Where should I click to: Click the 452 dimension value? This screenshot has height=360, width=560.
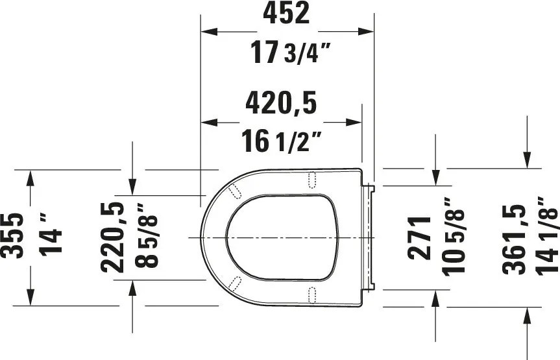pos(286,13)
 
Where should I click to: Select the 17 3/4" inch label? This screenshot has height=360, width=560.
pos(289,53)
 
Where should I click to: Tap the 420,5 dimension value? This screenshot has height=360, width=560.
pos(281,104)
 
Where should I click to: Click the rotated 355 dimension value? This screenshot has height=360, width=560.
pos(12,235)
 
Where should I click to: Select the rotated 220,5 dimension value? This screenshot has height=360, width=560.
pos(112,237)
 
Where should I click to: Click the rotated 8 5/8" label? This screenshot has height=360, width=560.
pos(146,235)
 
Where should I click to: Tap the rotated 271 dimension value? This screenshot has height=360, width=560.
pos(419,237)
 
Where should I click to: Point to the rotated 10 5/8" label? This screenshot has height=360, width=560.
pos(453,237)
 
